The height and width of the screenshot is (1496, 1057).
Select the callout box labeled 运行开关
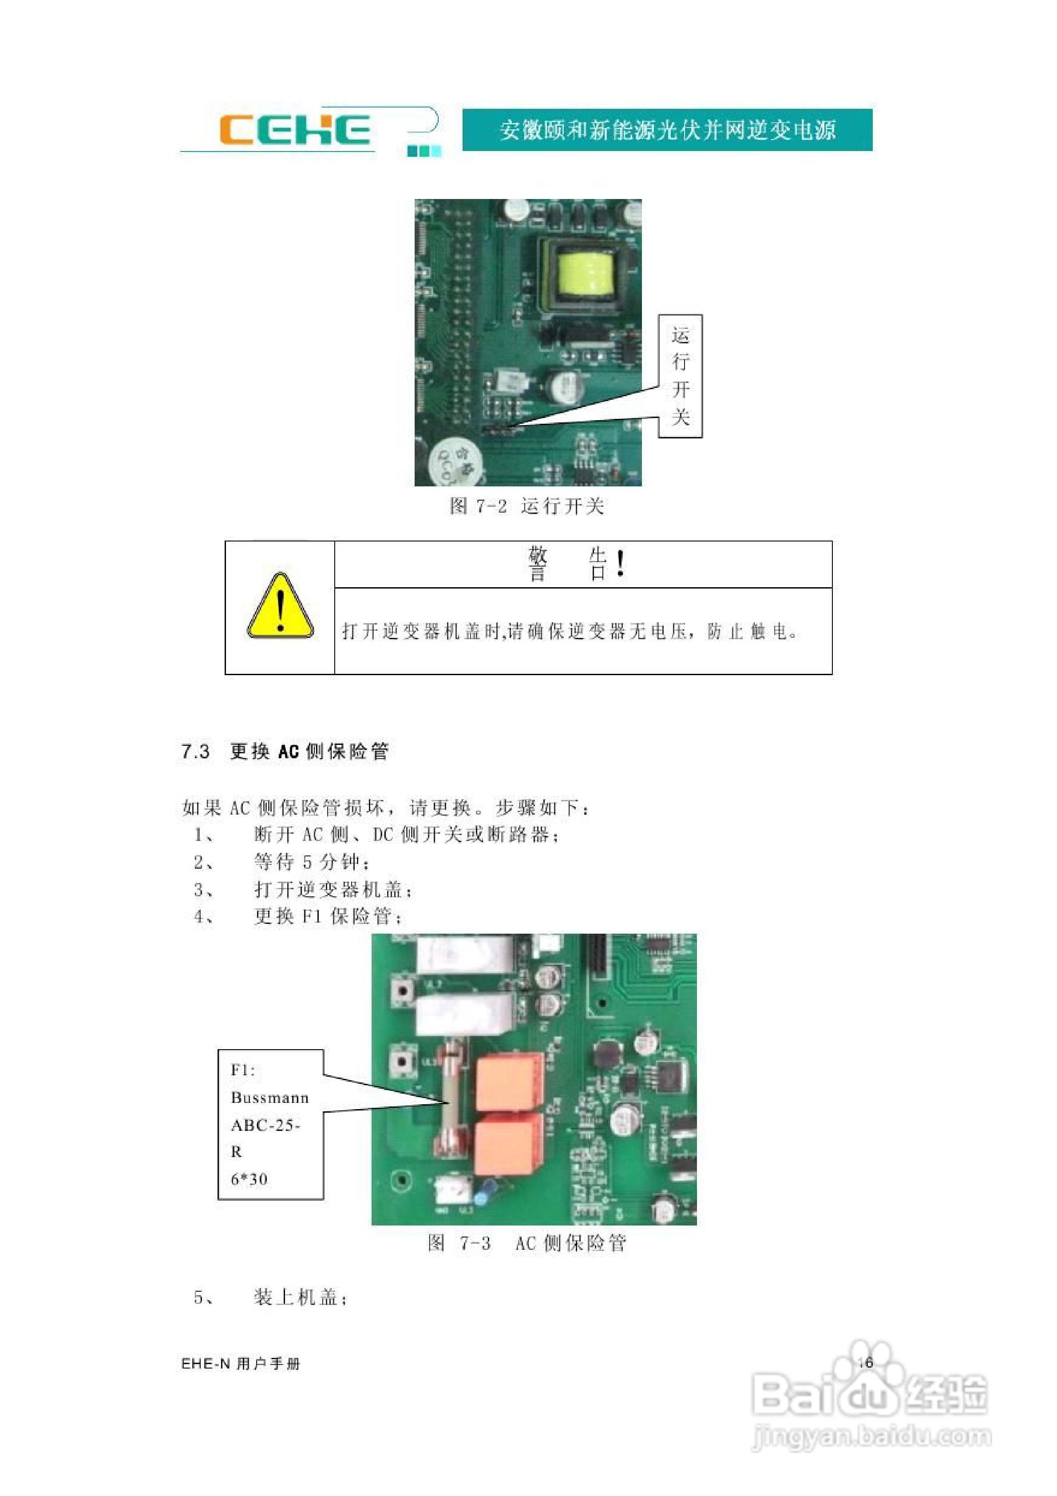[x=680, y=376]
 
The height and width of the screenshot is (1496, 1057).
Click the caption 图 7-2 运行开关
[x=527, y=506]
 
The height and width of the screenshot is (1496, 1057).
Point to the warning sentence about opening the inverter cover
[x=570, y=631]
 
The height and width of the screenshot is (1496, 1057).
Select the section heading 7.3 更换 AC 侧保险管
[x=285, y=751]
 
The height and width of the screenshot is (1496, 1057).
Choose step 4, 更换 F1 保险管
[x=328, y=917]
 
